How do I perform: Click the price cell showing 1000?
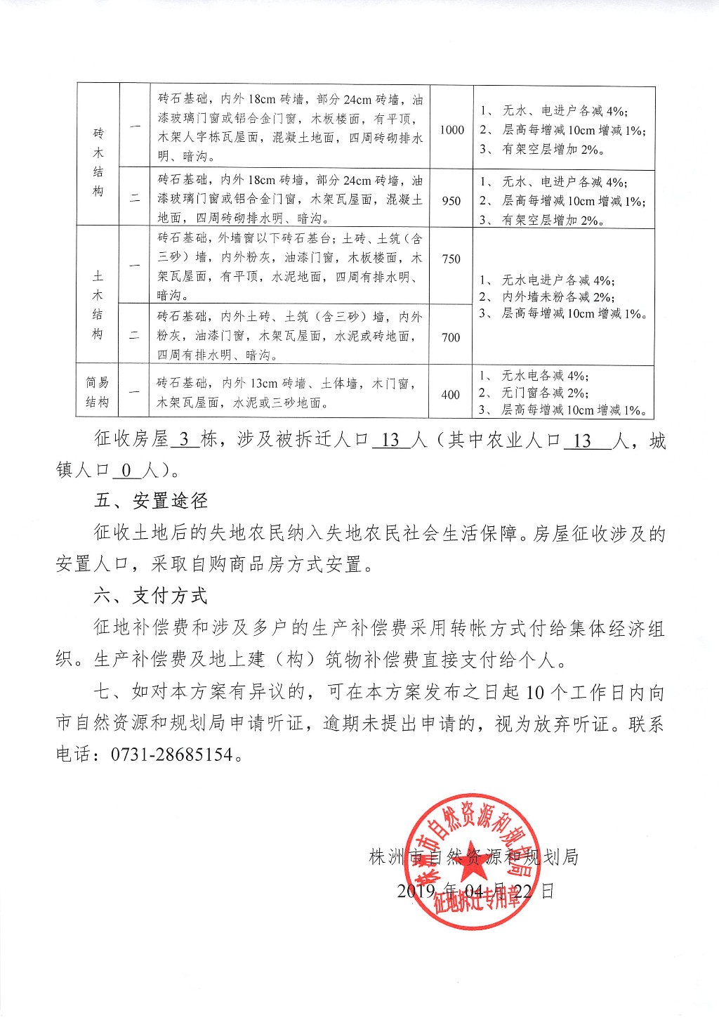click(452, 129)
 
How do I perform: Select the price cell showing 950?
click(451, 201)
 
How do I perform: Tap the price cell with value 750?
click(451, 259)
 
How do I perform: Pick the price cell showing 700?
click(451, 337)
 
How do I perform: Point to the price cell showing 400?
click(451, 395)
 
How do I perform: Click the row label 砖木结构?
click(98, 162)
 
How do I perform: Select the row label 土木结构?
click(98, 305)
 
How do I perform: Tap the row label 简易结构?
click(98, 392)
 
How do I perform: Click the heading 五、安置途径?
click(151, 501)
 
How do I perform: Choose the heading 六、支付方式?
click(151, 596)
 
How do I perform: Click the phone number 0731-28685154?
click(171, 755)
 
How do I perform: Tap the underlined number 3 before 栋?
click(185, 441)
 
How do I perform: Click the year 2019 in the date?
click(416, 891)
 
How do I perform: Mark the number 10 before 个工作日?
click(535, 693)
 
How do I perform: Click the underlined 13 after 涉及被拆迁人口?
click(390, 441)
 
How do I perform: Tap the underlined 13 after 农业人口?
click(582, 441)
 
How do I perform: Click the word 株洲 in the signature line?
click(387, 857)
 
